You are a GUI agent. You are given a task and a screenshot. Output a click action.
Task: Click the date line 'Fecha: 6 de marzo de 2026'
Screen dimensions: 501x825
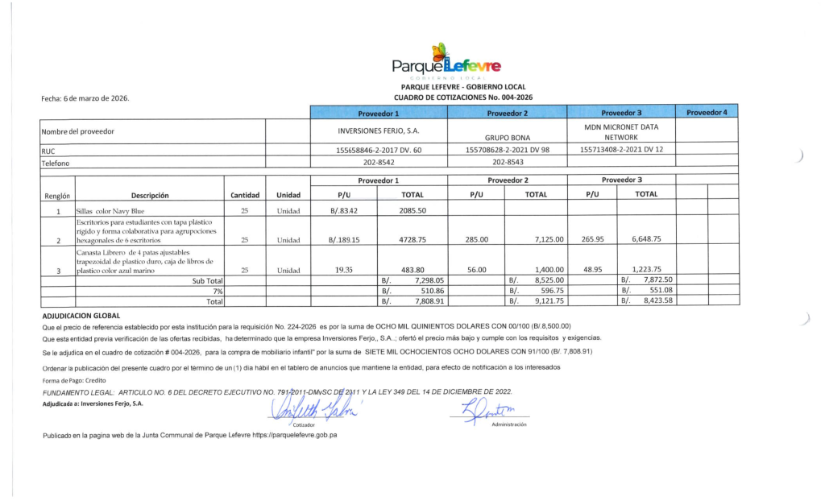pyautogui.click(x=85, y=98)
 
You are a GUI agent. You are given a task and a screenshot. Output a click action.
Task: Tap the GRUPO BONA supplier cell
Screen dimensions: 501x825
pyautogui.click(x=507, y=137)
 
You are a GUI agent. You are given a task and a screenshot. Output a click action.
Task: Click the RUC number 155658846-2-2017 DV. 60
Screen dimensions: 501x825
pyautogui.click(x=379, y=150)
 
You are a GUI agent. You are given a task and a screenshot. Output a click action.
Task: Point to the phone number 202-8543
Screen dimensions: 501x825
pyautogui.click(x=507, y=162)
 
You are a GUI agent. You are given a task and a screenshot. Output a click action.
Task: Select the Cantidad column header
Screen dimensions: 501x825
pyautogui.click(x=245, y=194)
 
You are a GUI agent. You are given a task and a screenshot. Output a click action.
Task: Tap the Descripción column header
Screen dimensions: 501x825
pyautogui.click(x=150, y=194)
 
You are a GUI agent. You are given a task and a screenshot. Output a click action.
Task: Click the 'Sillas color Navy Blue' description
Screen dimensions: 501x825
pyautogui.click(x=110, y=211)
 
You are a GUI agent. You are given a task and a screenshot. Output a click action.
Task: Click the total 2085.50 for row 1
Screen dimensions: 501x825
pyautogui.click(x=412, y=210)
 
